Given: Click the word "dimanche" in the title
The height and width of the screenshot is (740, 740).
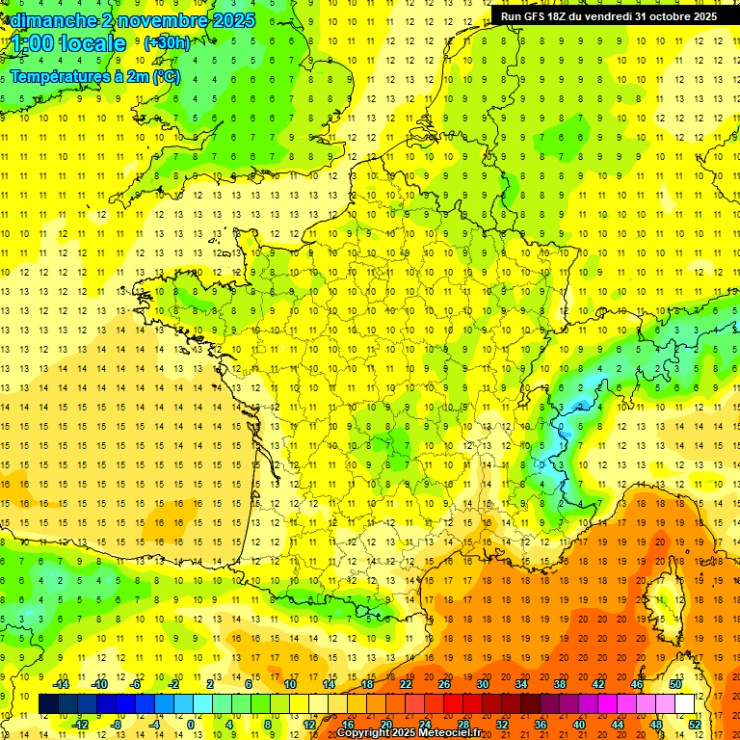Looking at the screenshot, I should [x=48, y=20].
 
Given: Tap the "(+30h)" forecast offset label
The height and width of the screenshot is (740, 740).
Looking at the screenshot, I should [x=167, y=43].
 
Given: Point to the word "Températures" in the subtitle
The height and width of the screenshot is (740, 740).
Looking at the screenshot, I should [x=61, y=76].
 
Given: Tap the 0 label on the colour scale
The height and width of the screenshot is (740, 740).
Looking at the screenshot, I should [x=191, y=724].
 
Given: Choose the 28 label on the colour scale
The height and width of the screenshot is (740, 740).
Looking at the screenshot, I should [x=462, y=724].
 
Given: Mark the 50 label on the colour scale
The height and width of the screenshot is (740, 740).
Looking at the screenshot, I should [x=675, y=684].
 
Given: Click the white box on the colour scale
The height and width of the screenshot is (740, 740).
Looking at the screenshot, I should [x=684, y=704].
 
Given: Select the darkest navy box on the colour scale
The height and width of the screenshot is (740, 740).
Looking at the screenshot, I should [x=48, y=704].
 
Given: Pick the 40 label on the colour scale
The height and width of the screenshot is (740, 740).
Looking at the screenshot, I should [x=579, y=724].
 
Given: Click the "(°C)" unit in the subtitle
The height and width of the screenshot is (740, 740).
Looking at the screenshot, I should [x=166, y=76].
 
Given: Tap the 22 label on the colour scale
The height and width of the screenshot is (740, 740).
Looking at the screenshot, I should [x=406, y=684].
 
